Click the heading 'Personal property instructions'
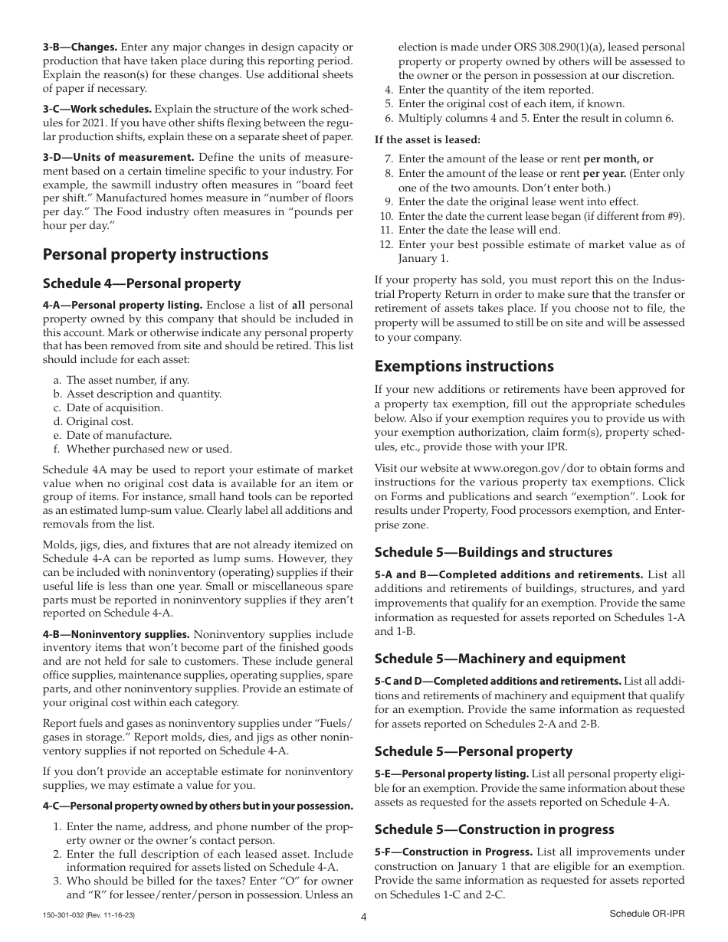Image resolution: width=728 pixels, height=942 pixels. coord(156,254)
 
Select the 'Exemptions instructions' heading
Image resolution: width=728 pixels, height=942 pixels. coord(464,366)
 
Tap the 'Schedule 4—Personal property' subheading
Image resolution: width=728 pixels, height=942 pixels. coord(142,283)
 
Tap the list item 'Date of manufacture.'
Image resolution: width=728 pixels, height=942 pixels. coord(119,435)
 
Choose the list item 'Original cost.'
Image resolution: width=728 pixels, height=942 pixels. coord(100,421)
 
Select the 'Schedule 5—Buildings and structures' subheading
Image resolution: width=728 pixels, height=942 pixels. coord(494,552)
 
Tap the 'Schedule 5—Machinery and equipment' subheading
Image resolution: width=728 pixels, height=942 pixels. coord(500,659)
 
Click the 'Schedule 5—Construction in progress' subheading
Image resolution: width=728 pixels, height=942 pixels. coord(494,829)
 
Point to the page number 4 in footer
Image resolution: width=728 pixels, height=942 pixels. coord(364,918)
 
